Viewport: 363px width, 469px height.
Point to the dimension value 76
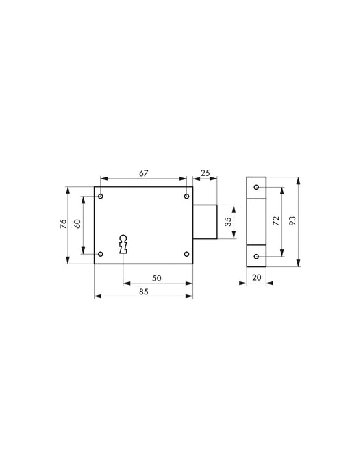tap(62, 224)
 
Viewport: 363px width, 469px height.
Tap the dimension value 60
tap(78, 224)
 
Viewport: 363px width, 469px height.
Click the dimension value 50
tap(156, 277)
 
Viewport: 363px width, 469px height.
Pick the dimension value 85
tap(143, 292)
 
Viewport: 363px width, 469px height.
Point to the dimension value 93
tap(292, 221)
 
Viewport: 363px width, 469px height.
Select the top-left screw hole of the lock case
tap(101, 197)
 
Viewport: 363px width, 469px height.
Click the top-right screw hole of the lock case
tap(186, 197)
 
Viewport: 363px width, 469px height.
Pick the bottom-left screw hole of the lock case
tap(101, 254)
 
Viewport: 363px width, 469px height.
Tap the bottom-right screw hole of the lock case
tap(186, 254)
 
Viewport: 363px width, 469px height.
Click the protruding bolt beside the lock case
tap(205, 222)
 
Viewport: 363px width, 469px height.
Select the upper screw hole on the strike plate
tap(256, 188)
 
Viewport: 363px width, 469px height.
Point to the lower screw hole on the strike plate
tap(256, 257)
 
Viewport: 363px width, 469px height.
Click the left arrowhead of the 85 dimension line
tap(97, 296)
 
